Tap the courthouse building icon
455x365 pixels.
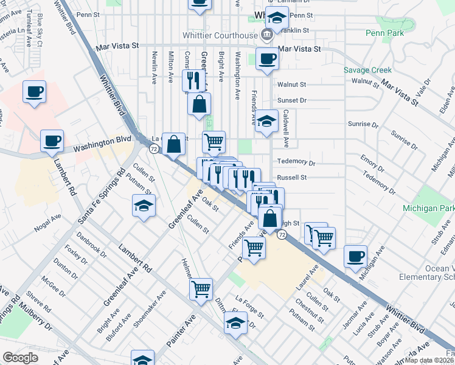click(x=266, y=34)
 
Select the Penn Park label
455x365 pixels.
click(x=384, y=33)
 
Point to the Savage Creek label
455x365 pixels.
click(x=367, y=70)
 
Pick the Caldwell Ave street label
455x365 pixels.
click(x=286, y=128)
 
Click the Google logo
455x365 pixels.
click(x=20, y=358)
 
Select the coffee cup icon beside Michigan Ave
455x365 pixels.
click(x=355, y=256)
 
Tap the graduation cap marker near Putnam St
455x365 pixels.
click(x=144, y=206)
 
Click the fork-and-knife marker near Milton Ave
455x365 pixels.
click(x=193, y=80)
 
